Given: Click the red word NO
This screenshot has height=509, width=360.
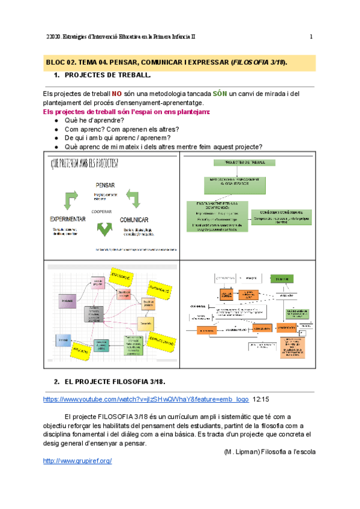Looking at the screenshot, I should (116, 94).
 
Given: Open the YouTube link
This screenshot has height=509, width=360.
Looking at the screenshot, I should (146, 399).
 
